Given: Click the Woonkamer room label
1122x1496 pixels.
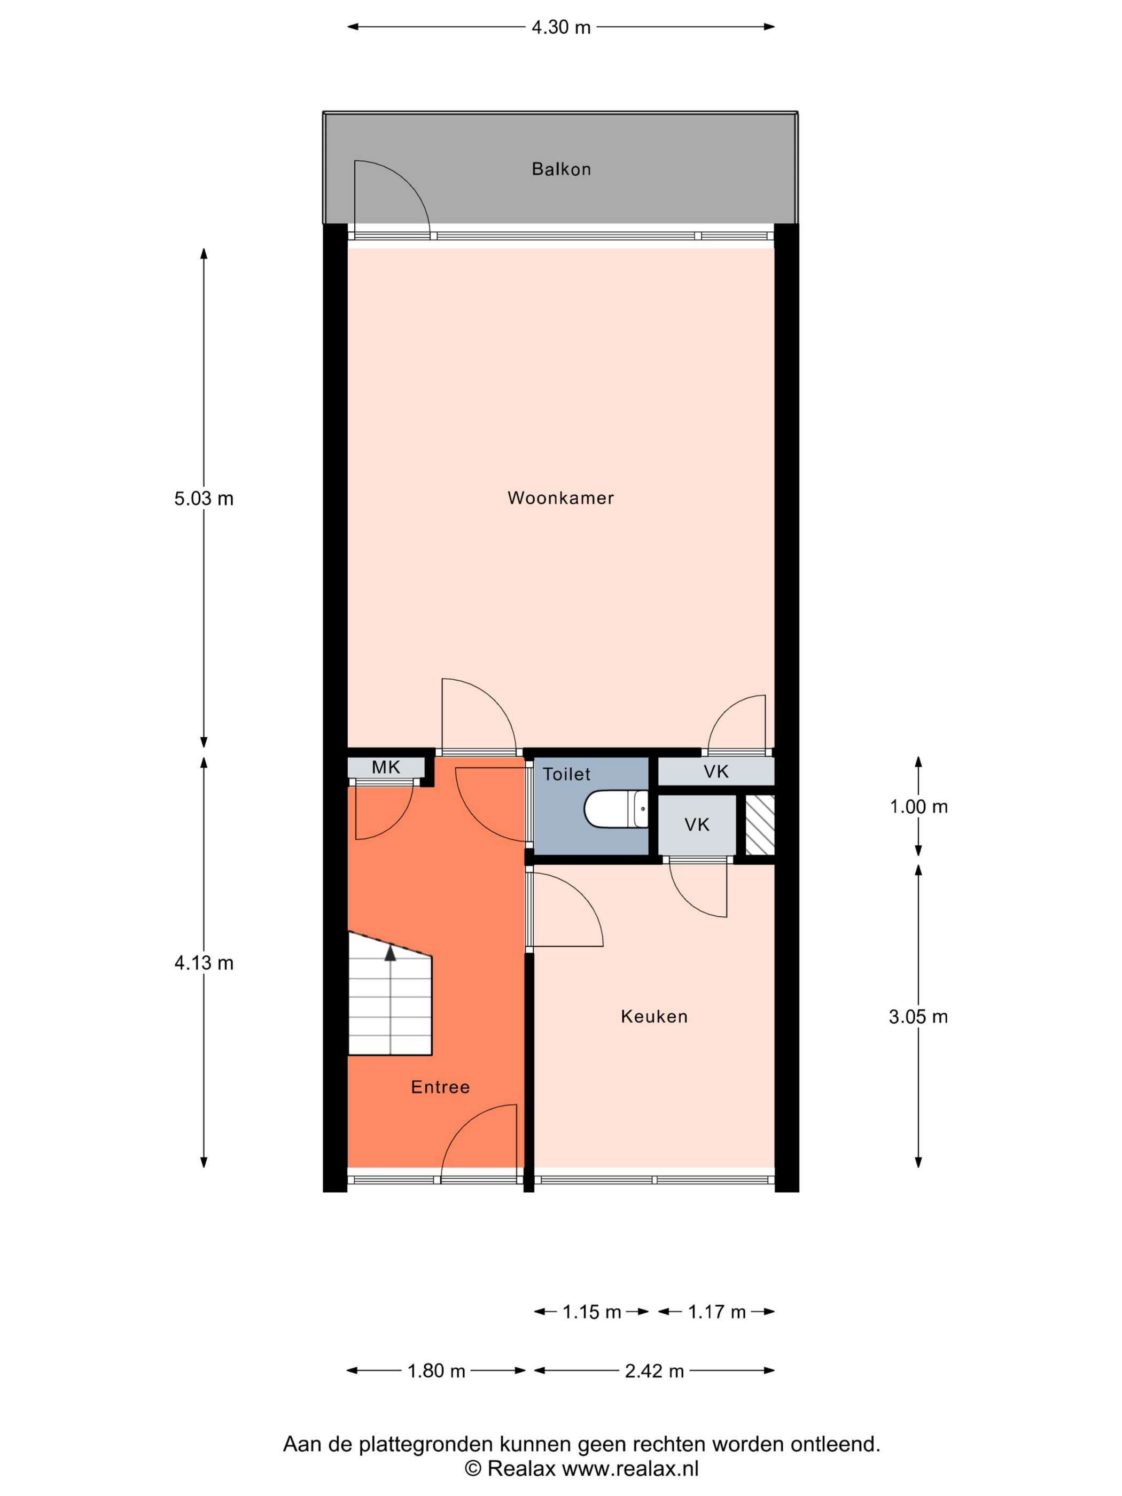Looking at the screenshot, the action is point(560,498).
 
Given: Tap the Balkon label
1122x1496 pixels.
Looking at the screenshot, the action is point(562,169).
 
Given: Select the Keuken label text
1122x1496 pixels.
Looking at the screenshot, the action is point(654,1017).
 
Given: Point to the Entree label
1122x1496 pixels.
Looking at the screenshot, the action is point(440,1087).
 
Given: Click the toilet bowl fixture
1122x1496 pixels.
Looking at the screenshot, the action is point(616,809).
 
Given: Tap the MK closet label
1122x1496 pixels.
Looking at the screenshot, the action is point(386,767).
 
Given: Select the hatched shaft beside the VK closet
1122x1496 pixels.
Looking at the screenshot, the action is point(760,825).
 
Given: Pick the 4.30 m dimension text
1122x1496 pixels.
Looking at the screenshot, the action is point(560,27).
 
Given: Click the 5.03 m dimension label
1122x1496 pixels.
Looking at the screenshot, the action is point(204,498).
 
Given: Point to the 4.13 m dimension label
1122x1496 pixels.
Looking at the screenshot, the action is point(204,963).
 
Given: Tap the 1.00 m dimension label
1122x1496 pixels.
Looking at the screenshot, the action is point(918,807).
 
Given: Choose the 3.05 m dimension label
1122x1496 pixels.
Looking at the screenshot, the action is point(918,1017).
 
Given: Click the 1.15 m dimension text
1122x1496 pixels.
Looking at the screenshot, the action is point(592,1312).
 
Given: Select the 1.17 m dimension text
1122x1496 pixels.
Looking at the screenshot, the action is point(717,1312).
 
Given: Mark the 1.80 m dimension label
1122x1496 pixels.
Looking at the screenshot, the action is point(436,1371).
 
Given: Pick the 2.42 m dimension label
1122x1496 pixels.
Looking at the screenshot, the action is point(654,1371).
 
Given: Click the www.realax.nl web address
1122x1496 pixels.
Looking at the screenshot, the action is point(630,1469).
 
